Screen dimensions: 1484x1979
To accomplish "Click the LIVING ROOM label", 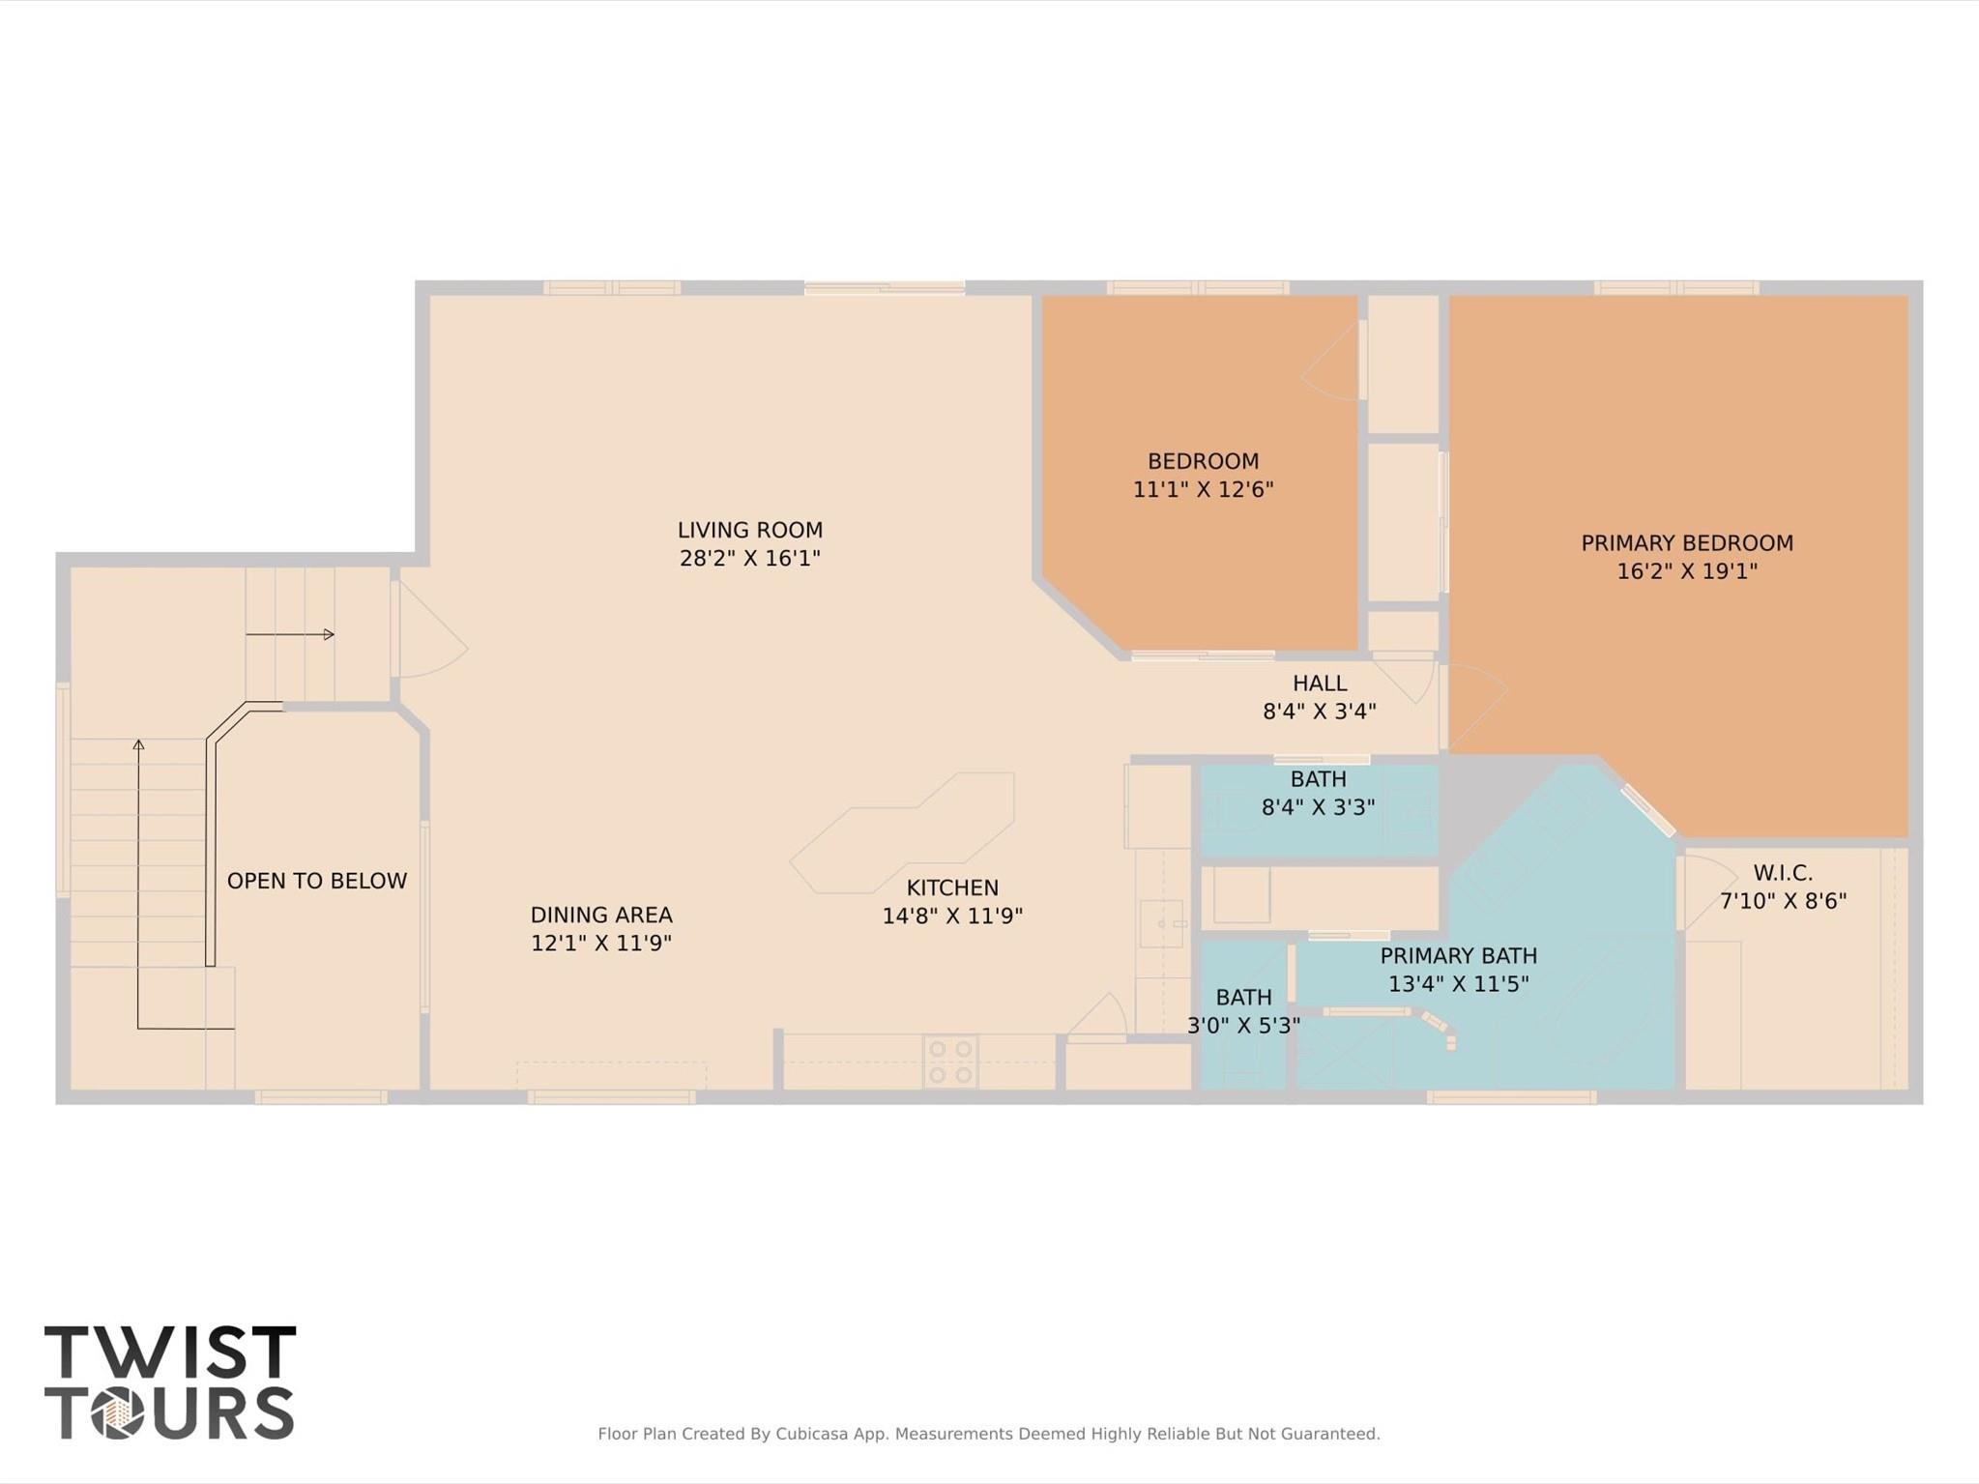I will click(749, 530).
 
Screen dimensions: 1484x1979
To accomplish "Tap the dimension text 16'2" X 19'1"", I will click(1686, 571).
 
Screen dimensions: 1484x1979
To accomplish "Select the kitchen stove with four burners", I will click(949, 1062).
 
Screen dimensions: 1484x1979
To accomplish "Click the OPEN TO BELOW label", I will click(316, 881).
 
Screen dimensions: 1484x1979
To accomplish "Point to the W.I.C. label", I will click(1782, 873).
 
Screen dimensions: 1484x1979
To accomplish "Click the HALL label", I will click(1319, 684).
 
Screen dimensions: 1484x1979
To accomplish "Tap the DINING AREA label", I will click(600, 915).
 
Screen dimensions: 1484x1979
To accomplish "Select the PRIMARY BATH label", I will click(1458, 956).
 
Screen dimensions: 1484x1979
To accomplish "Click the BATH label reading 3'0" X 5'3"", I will click(1243, 997).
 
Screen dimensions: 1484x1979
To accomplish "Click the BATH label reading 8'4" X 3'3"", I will click(1318, 779).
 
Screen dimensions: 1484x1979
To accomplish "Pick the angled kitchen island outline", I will click(904, 831).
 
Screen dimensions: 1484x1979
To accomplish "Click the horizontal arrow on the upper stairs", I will click(290, 635).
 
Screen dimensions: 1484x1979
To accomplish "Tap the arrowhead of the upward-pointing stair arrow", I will click(138, 744).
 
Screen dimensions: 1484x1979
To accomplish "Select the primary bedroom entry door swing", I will click(1474, 706).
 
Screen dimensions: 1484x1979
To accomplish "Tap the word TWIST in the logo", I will click(170, 1353).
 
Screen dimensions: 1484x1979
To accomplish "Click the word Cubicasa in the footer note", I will click(811, 1434).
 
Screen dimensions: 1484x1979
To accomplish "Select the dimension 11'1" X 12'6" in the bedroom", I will click(1203, 489).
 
